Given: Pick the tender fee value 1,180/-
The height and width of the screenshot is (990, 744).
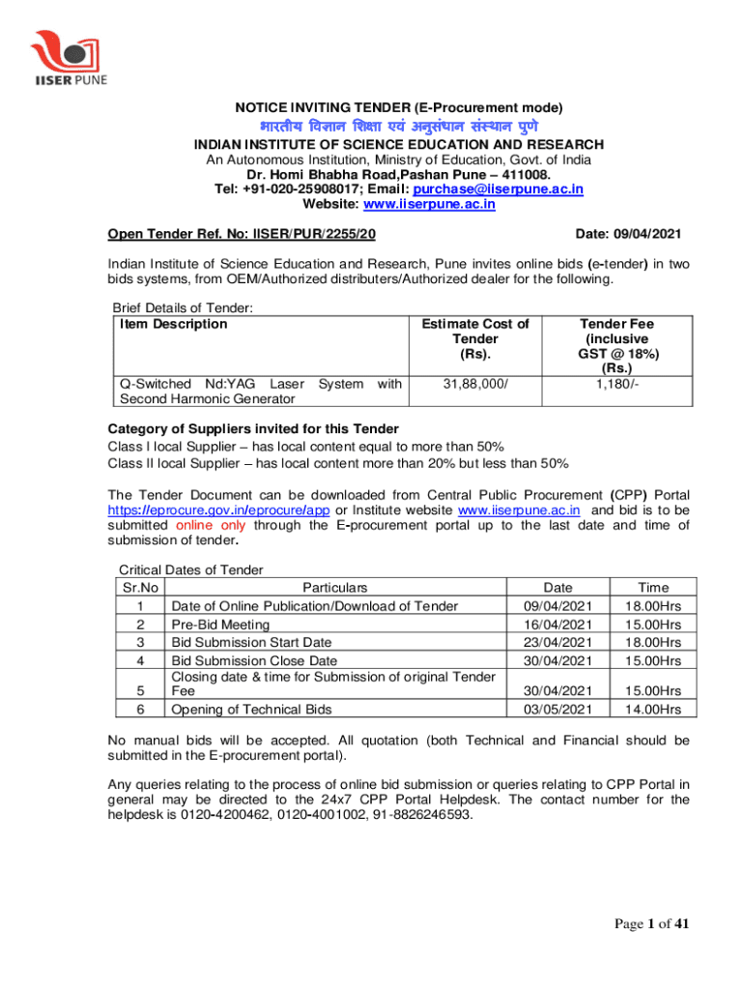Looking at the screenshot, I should coord(615,385).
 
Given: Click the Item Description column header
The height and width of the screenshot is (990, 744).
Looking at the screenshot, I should coord(173,324).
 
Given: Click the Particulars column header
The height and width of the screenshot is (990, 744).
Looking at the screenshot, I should coord(335,587).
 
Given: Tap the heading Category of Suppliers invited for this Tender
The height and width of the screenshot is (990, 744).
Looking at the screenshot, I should coord(252,429).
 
